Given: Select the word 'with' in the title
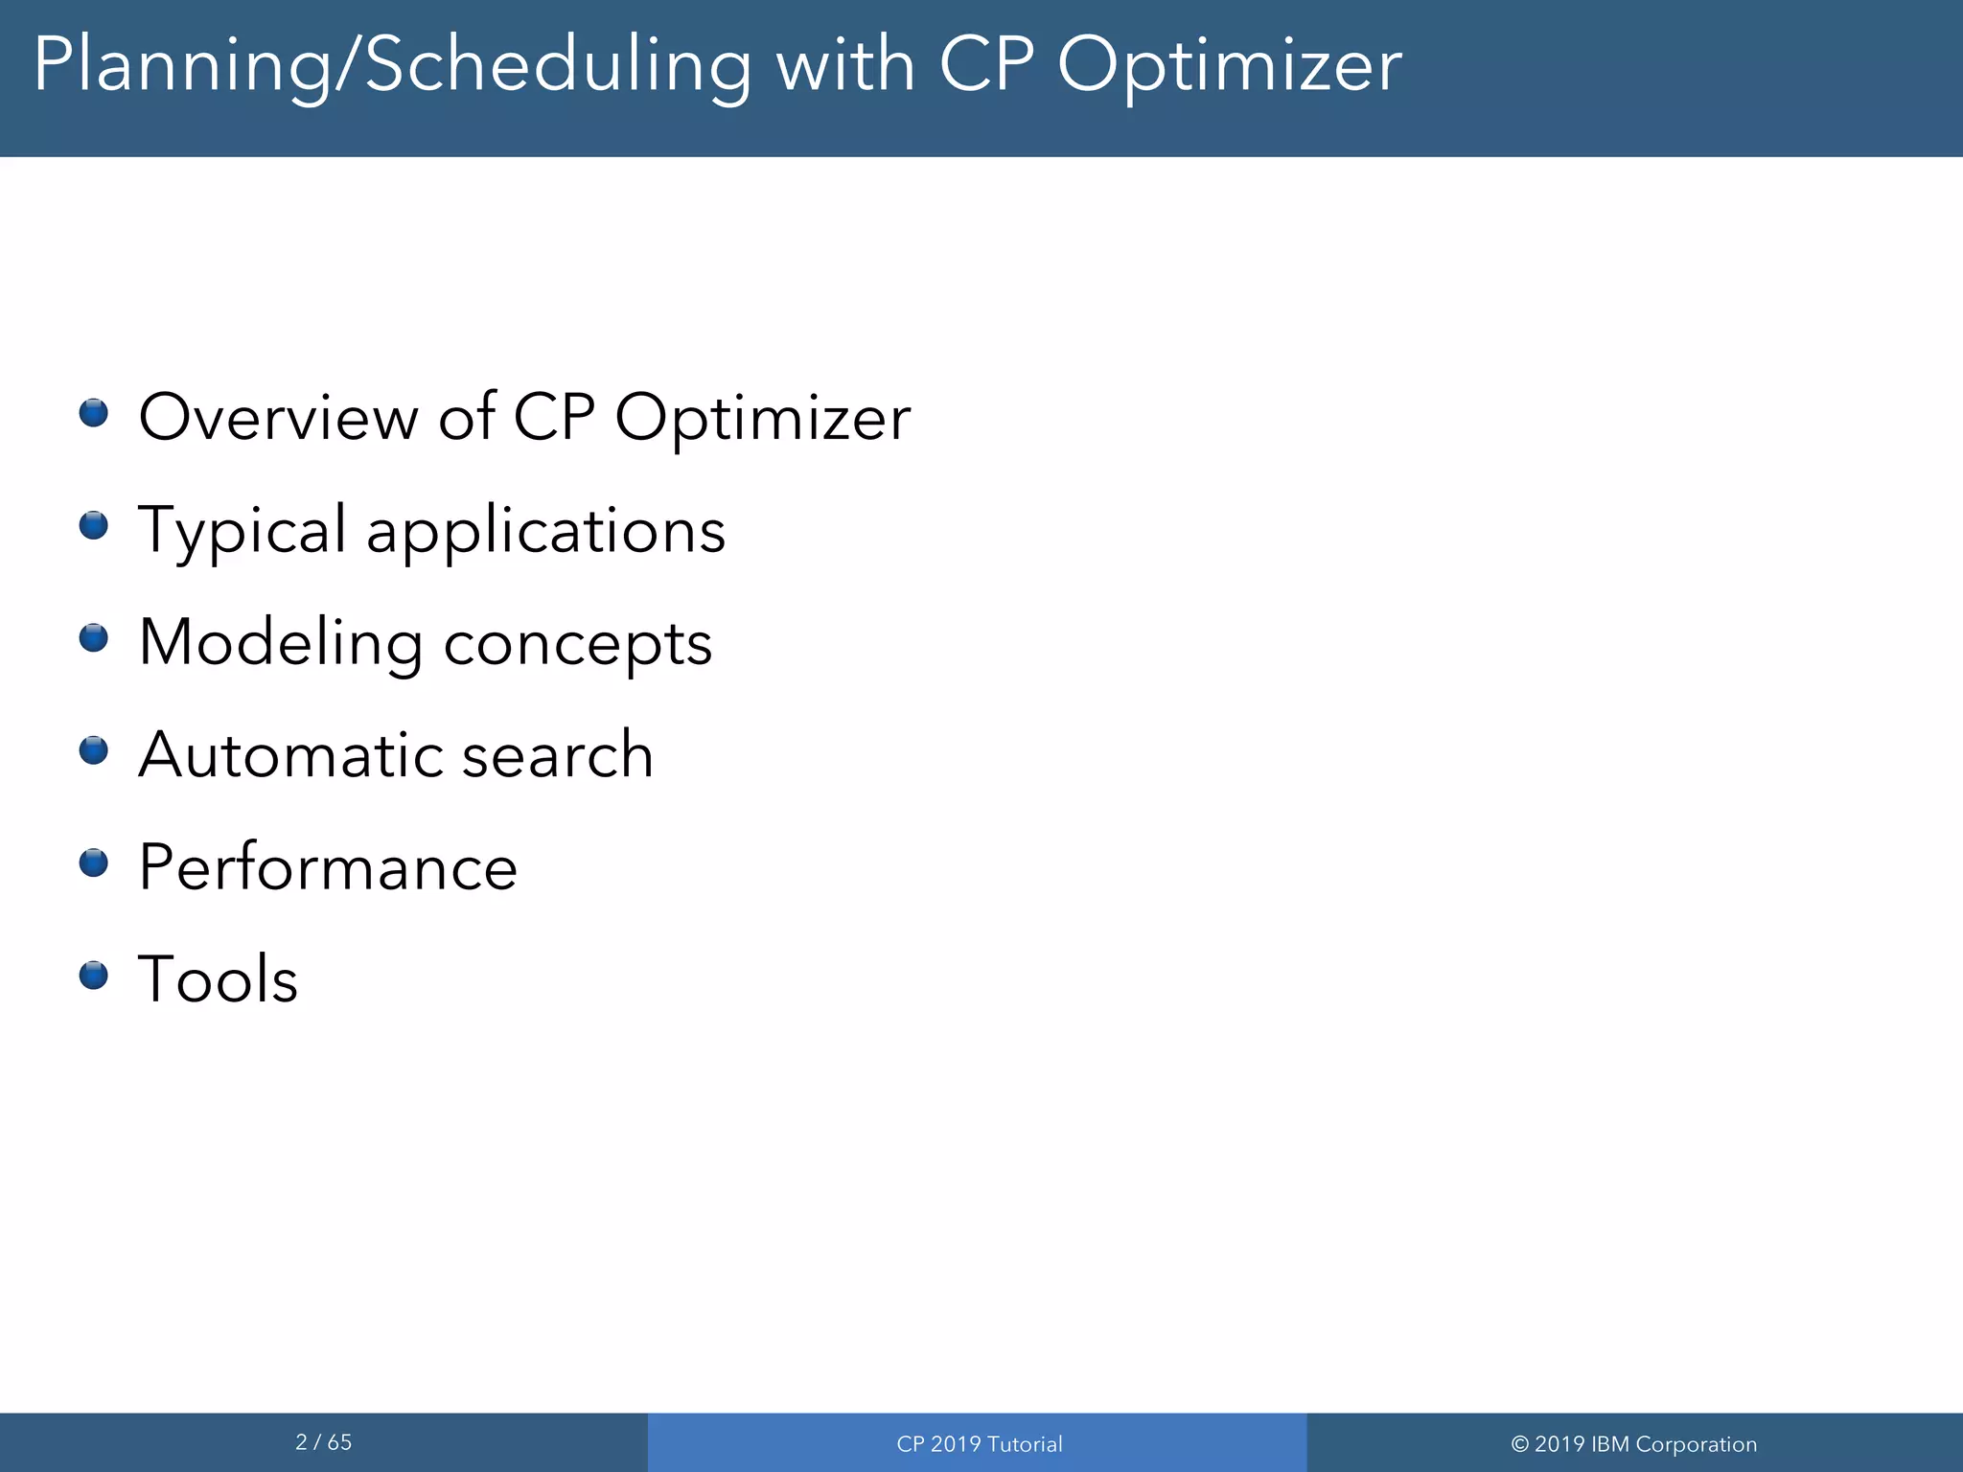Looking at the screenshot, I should click(844, 65).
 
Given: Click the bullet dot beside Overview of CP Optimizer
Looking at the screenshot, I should click(93, 413).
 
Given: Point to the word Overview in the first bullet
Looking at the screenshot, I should click(278, 418).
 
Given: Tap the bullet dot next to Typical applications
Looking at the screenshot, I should click(93, 525).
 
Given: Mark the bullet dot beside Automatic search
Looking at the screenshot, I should click(93, 750).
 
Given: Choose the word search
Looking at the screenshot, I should click(558, 755).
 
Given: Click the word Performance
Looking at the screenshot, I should click(328, 867).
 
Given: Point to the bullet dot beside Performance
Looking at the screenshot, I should click(93, 862).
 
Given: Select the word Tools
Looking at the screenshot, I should click(218, 979).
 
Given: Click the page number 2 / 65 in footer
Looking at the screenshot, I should click(323, 1442).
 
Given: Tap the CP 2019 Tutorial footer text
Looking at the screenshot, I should click(979, 1444).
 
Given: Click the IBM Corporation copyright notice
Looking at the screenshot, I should click(1633, 1444).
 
